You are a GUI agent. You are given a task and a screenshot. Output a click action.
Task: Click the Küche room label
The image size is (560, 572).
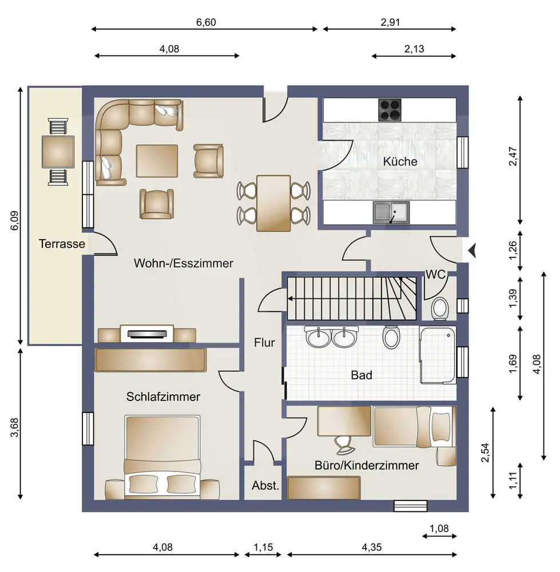pos(400,161)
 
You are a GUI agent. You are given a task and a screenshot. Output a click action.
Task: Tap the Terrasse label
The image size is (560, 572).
pos(62,244)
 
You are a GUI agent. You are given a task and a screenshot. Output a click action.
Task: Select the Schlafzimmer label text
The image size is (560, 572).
pos(163,396)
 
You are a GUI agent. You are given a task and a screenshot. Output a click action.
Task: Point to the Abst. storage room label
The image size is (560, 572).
pos(265,486)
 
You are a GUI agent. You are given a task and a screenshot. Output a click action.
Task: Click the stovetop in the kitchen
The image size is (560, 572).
pos(390,110)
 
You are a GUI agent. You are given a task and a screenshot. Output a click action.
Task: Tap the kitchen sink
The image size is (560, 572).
pos(391,213)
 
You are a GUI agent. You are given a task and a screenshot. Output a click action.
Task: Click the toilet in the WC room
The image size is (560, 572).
pos(440,309)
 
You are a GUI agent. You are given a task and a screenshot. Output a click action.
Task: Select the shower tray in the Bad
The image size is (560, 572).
pos(438,355)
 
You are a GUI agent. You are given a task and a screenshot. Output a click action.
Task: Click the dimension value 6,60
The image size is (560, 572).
pos(206,22)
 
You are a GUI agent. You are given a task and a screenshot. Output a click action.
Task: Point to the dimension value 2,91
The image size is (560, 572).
pos(390,22)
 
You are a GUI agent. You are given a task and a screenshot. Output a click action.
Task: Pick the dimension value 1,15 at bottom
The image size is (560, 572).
pos(263,547)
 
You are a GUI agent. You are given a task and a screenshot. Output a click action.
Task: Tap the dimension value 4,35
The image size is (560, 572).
pos(371,547)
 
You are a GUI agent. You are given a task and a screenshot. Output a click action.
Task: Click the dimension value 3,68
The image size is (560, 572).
pos(14,427)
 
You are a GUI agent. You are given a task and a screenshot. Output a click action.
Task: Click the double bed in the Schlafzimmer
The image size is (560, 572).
pos(162,457)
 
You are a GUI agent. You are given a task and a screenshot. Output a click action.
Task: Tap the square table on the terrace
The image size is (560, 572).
pos(58,152)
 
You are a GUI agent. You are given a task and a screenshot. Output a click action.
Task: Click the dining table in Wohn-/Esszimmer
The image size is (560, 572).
pos(273,203)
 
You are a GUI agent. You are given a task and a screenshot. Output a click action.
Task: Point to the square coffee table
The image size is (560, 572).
pos(157,161)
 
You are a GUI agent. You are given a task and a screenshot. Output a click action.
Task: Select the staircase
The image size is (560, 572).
pos(352,299)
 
